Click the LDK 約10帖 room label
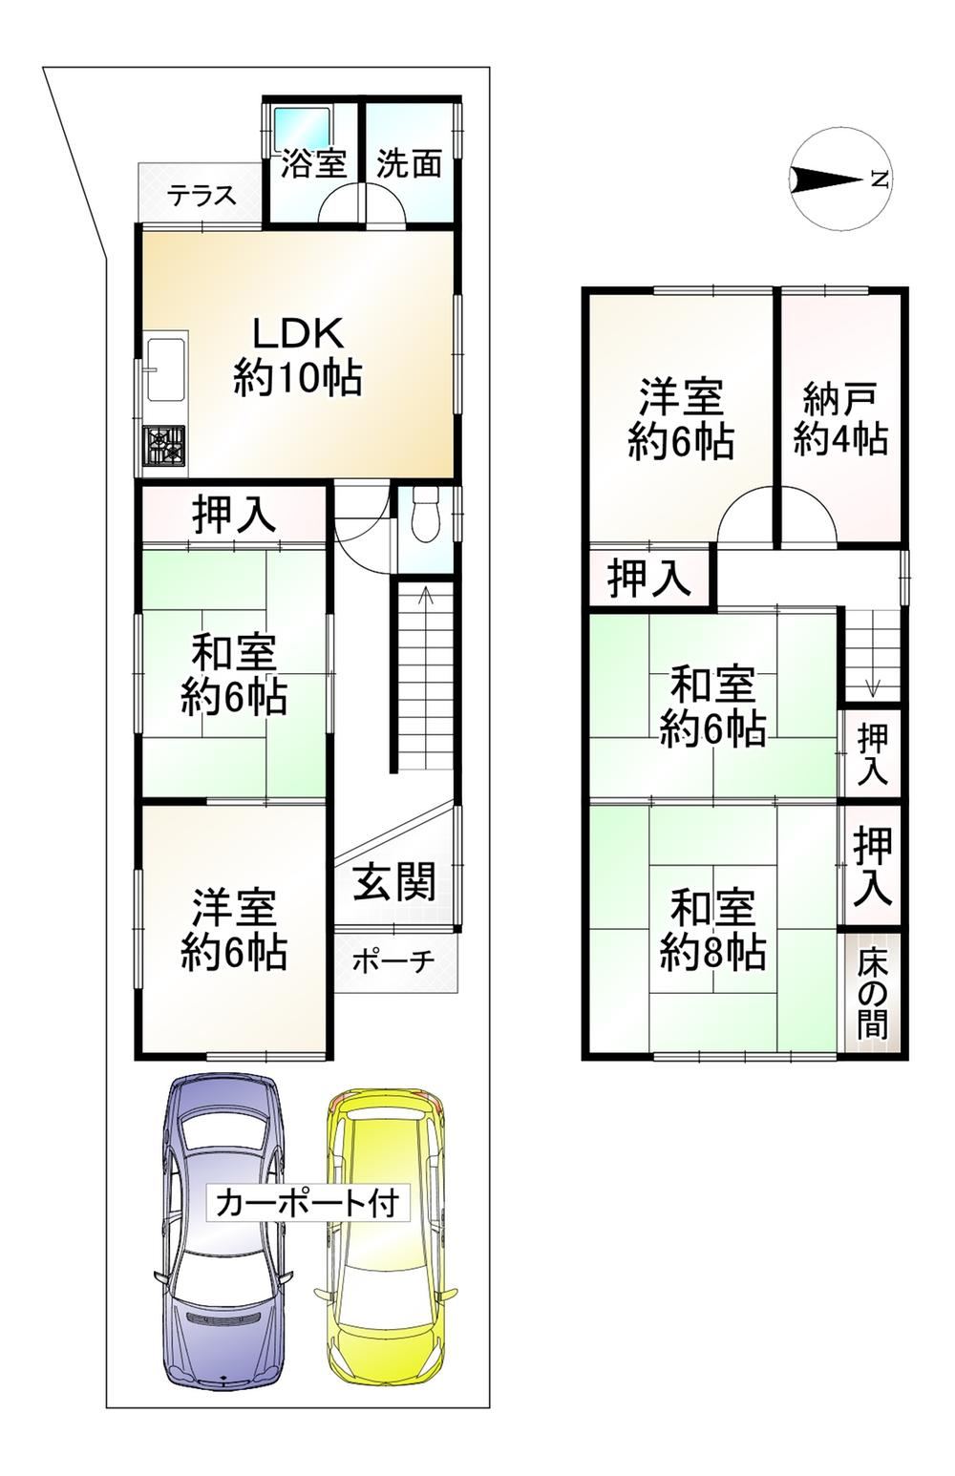coord(297,356)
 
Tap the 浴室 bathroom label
coord(314,163)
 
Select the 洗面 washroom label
coord(409,163)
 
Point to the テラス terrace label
coord(201,196)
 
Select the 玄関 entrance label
coord(394,882)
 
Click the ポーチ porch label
coord(393,961)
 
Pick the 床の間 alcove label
coord(872,1005)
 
